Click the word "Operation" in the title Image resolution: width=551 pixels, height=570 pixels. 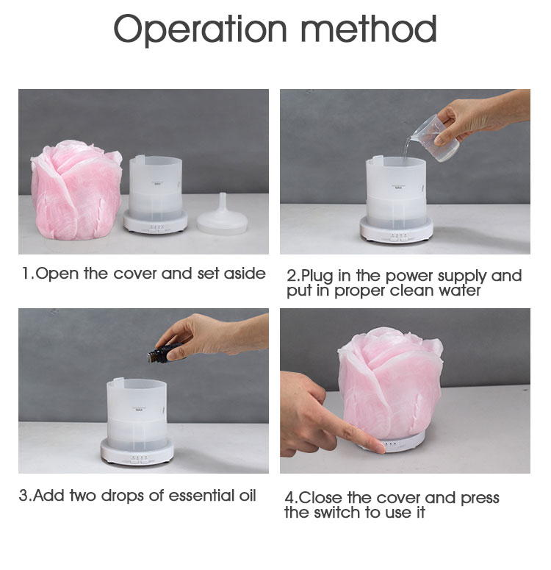(200, 29)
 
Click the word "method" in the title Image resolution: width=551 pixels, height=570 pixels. (369, 29)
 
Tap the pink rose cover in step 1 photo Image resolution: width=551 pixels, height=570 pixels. (76, 190)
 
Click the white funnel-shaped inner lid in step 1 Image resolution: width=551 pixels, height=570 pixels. (223, 216)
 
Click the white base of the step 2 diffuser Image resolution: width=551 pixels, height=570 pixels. (397, 229)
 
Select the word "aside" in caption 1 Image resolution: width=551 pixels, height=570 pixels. (245, 274)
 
